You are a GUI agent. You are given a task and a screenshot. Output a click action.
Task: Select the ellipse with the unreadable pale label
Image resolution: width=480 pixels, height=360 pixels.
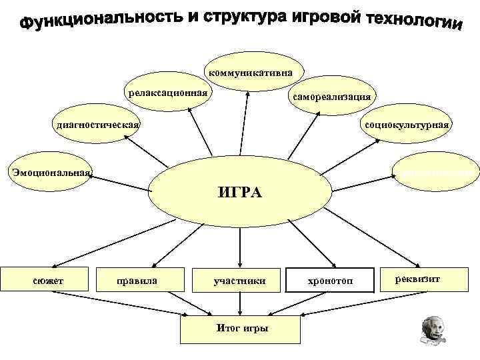tap(437, 172)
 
